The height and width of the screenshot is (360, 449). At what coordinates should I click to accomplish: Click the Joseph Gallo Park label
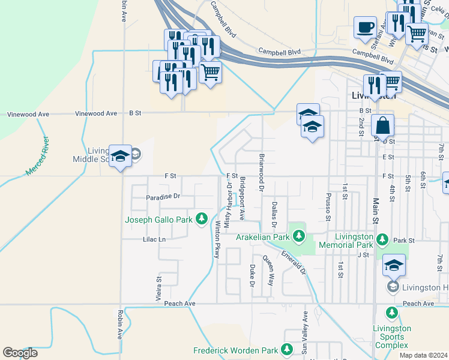158,220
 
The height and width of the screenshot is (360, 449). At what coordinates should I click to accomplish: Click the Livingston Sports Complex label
392,337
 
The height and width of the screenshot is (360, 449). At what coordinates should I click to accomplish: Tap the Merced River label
37,156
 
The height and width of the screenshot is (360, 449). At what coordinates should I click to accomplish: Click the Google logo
20,353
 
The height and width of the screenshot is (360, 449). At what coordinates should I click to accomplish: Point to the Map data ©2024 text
423,355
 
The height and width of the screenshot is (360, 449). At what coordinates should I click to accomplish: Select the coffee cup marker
365,28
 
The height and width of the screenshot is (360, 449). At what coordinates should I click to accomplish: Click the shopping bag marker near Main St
382,126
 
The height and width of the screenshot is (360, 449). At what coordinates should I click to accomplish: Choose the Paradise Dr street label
163,197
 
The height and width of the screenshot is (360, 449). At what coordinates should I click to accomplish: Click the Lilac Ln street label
154,239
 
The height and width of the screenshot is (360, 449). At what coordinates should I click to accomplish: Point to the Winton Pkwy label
217,239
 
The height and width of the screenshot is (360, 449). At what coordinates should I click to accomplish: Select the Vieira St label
159,287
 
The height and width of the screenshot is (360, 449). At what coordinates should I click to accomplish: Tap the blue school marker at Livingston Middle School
120,156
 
